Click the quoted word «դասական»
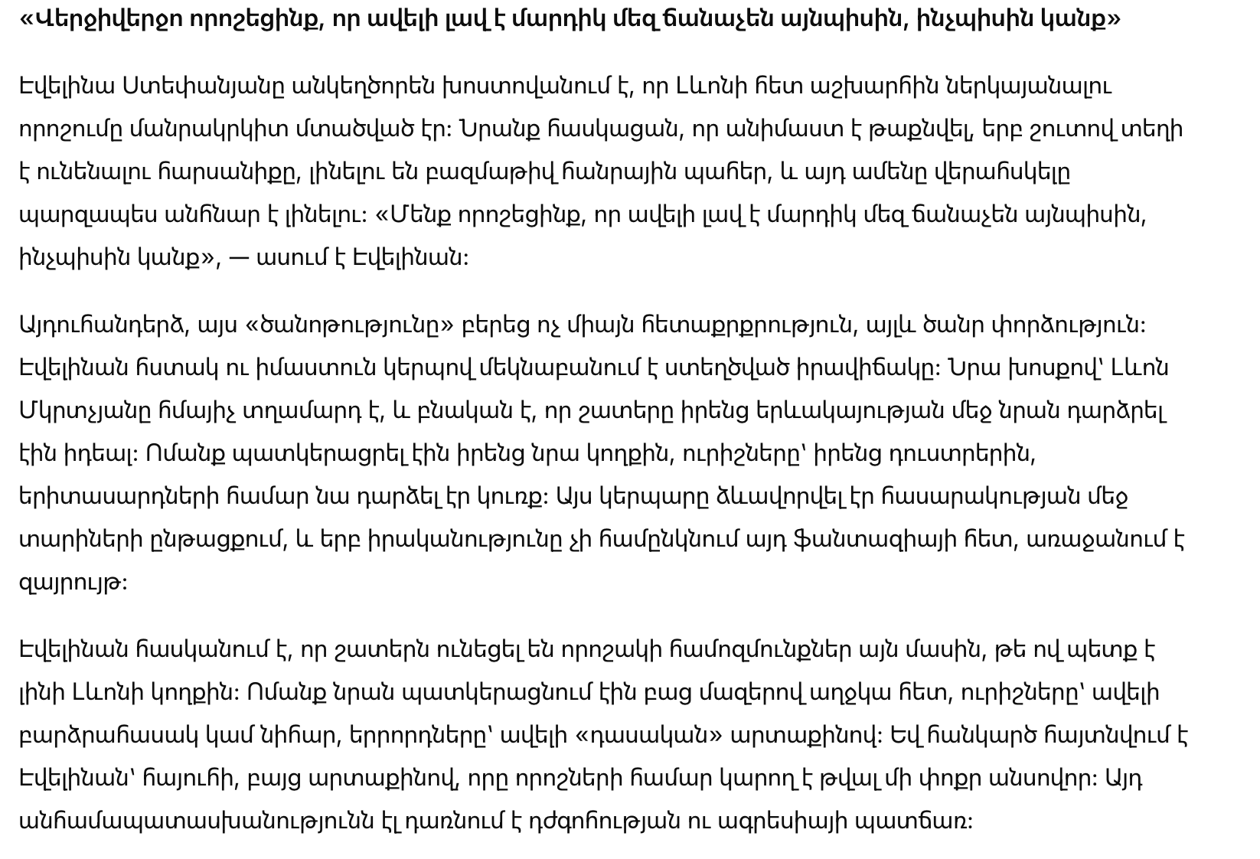[647, 736]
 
